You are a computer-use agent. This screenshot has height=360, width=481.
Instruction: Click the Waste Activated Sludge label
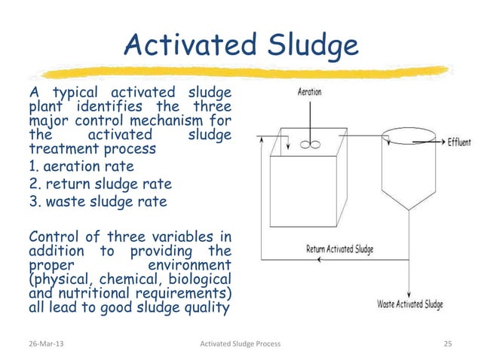pyautogui.click(x=409, y=305)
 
